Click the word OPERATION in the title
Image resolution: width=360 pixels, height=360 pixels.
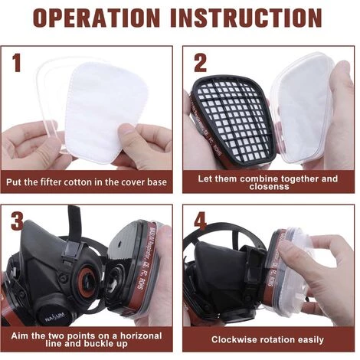(x=97, y=18)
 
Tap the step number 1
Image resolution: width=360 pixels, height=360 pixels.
(x=17, y=63)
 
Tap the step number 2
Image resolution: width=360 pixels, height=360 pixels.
(x=200, y=63)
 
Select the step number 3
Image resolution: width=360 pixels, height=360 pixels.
(x=18, y=221)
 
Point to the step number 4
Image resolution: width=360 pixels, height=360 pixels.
(x=200, y=221)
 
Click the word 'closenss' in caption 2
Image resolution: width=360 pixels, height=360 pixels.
(x=270, y=187)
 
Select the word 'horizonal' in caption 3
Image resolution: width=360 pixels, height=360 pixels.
(x=141, y=335)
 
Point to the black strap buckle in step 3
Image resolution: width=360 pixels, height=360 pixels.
(x=72, y=250)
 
